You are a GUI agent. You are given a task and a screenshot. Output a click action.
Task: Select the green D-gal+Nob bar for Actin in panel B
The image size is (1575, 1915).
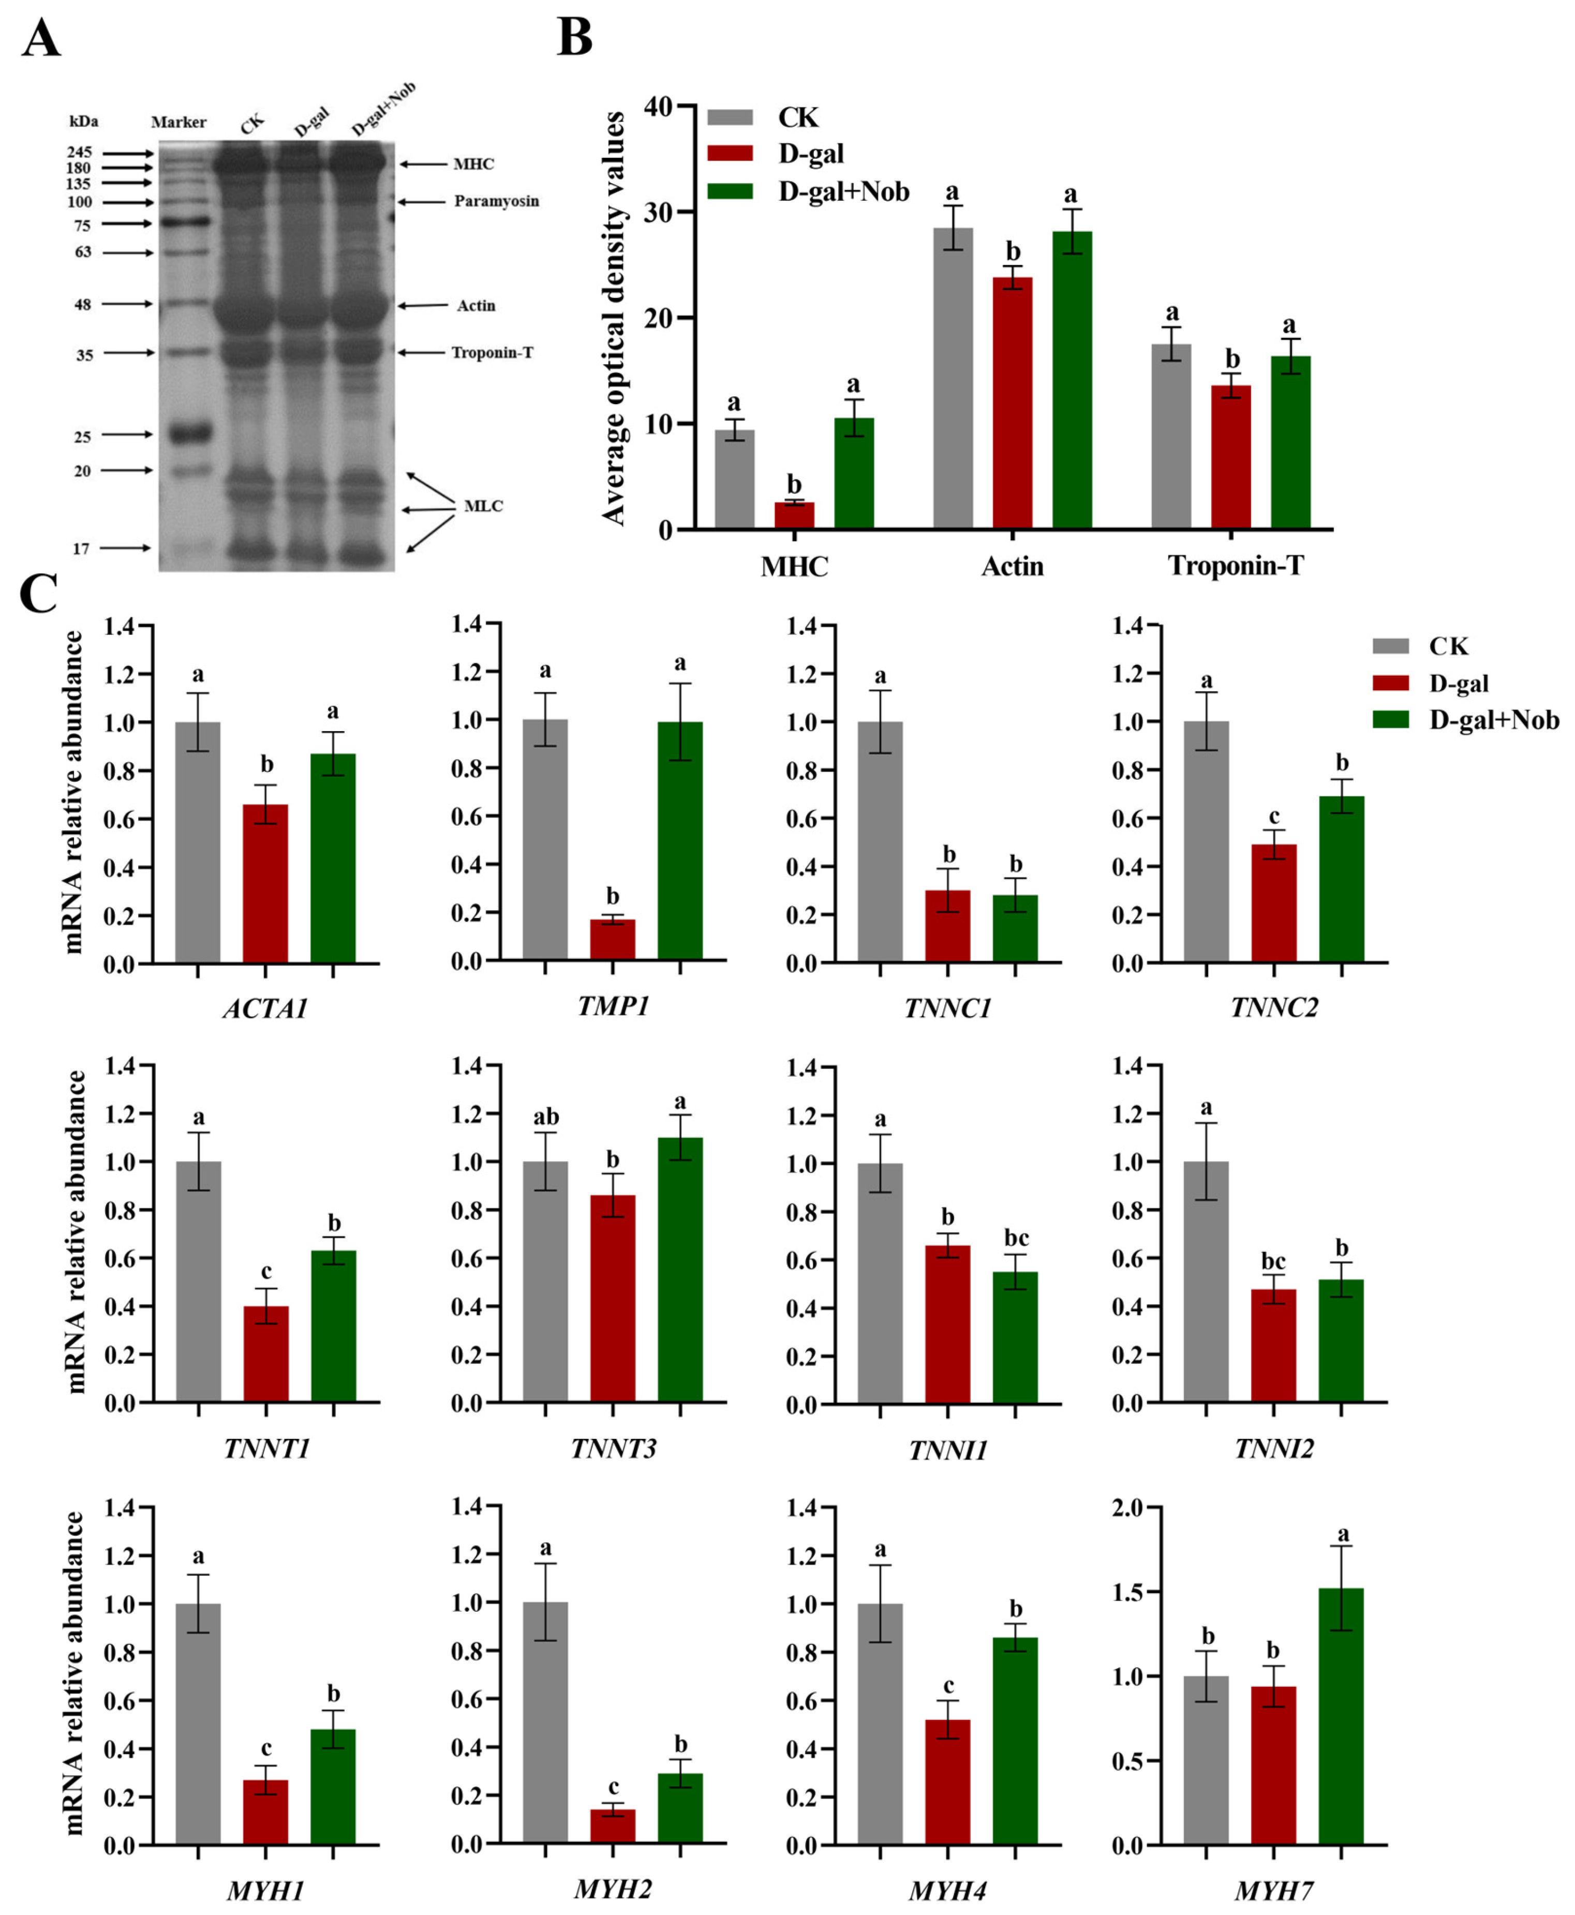[x=1072, y=380]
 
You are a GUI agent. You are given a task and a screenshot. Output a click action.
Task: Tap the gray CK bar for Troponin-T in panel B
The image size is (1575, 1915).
[x=1171, y=436]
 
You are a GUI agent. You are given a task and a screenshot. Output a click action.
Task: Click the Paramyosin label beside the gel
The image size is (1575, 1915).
[x=496, y=201]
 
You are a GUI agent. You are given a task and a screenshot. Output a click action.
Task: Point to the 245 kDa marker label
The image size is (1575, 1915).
[x=80, y=153]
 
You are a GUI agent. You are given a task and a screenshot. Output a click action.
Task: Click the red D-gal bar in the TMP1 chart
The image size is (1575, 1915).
[x=613, y=940]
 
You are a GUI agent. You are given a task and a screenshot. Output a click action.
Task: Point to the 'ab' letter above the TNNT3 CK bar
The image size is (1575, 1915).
[x=545, y=1117]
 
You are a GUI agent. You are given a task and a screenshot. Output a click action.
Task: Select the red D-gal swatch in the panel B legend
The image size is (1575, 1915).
[x=731, y=153]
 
